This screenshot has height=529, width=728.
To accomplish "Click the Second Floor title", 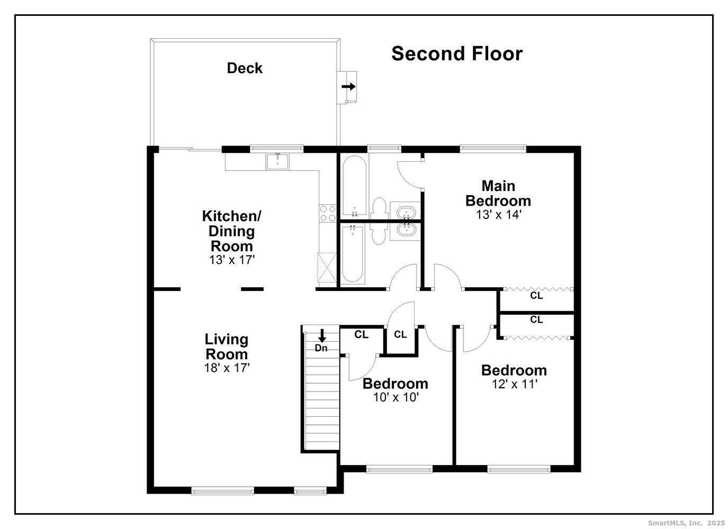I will click(457, 54).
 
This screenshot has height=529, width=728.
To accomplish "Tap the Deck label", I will click(245, 68).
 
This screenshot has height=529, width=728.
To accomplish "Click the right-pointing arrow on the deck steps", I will click(348, 86).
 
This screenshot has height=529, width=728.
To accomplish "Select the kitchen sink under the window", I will click(277, 161).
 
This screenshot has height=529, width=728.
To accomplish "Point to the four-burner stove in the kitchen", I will click(328, 213).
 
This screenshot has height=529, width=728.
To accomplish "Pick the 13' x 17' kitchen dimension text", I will click(232, 260).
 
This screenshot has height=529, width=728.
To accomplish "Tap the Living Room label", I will click(227, 346).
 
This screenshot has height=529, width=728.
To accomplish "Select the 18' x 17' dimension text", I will click(227, 368).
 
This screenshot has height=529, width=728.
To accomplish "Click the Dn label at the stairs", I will click(321, 348).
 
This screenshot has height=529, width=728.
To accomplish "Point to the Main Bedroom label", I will click(498, 194).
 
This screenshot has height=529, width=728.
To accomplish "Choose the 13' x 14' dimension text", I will click(498, 215).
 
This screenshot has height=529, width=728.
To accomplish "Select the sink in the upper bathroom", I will click(406, 214).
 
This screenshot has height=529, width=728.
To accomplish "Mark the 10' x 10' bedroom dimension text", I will click(396, 397).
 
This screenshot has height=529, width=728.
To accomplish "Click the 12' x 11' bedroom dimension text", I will click(514, 384).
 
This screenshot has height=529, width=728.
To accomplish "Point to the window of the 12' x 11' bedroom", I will click(518, 469).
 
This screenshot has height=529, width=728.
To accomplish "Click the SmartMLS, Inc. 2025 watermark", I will click(686, 523).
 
